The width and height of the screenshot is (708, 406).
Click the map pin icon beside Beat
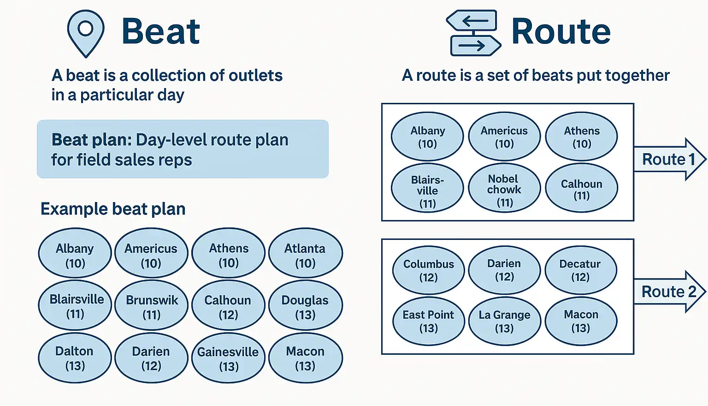coord(86,33)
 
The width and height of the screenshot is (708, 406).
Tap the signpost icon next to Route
coord(473,33)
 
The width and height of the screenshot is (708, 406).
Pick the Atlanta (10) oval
coord(305,253)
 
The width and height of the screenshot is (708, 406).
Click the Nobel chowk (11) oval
coord(504,188)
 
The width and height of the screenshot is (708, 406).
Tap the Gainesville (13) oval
coord(228,358)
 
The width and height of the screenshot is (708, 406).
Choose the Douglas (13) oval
coord(305,305)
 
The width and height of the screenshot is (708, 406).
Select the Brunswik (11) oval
coord(151,305)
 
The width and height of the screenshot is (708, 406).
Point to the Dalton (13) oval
coord(75,358)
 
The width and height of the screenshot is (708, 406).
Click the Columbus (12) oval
coord(429,270)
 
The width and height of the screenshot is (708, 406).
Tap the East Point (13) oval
coord(429,321)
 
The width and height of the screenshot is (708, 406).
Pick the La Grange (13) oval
coord(504,321)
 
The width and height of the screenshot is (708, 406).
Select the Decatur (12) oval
coord(581,270)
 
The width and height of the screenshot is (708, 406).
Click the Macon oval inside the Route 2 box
coord(581,321)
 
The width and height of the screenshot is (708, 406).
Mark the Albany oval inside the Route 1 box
coord(427,137)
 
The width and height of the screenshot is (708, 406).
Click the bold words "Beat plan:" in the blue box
coord(92,139)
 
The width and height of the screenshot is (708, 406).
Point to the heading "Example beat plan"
coord(113,209)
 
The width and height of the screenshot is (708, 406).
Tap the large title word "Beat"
coord(161,31)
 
